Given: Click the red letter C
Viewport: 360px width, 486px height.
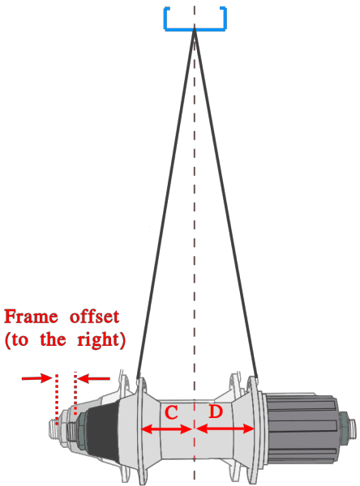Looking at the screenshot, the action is point(171,412).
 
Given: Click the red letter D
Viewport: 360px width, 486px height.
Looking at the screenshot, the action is point(216,411).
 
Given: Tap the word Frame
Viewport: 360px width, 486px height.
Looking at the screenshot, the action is point(31,317).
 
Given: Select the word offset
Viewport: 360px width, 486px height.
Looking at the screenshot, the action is point(94,317).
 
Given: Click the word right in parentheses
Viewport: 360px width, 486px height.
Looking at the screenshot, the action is point(98,341).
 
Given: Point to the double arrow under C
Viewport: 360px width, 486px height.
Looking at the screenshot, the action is point(166,429).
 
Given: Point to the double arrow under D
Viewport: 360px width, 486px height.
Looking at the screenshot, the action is point(225,429).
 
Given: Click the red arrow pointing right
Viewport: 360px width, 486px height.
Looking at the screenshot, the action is point(36,378).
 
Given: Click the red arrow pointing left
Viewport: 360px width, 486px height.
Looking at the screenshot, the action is point(94,378).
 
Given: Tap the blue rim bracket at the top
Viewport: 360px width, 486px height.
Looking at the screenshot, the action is point(195,29).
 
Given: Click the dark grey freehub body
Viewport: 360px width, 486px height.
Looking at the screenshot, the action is point(302,429).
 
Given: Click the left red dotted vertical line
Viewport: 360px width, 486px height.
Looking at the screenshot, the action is point(57,400).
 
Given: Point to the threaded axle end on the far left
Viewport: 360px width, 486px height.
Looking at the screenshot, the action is point(54,428).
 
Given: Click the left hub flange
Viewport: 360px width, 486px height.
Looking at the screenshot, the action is point(140,431).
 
